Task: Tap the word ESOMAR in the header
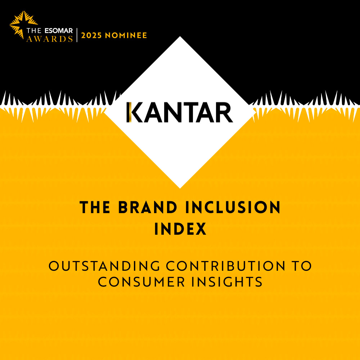tap(59, 31)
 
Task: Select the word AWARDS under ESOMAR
tap(50, 39)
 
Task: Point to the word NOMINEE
tap(126, 35)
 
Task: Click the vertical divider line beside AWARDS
tap(77, 35)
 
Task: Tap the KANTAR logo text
tap(180, 112)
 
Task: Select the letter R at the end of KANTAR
tap(224, 112)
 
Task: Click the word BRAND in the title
tap(147, 207)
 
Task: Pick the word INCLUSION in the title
tap(233, 207)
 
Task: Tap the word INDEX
tap(180, 229)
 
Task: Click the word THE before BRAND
tap(95, 207)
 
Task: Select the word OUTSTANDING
tap(104, 266)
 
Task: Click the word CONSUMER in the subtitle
tap(141, 282)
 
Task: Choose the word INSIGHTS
tap(227, 282)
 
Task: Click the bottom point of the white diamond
tap(180, 188)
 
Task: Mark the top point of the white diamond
tap(180, 36)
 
